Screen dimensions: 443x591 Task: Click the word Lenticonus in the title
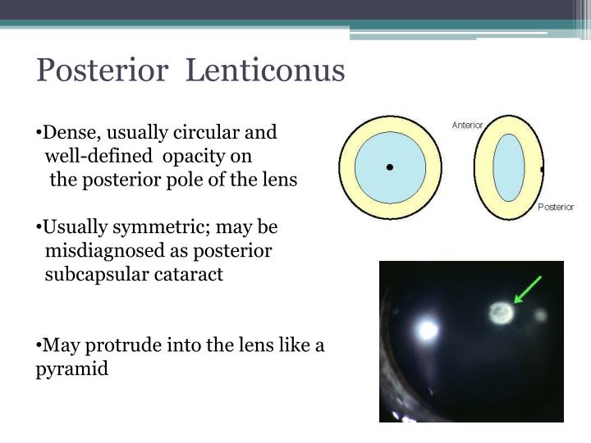(x=266, y=71)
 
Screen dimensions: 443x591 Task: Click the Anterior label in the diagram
(x=467, y=126)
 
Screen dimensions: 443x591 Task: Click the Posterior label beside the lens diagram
(x=556, y=207)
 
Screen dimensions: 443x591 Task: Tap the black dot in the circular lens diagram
(x=390, y=167)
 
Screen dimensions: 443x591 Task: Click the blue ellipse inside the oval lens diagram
(x=509, y=167)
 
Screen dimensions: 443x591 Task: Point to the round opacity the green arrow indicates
(x=501, y=312)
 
